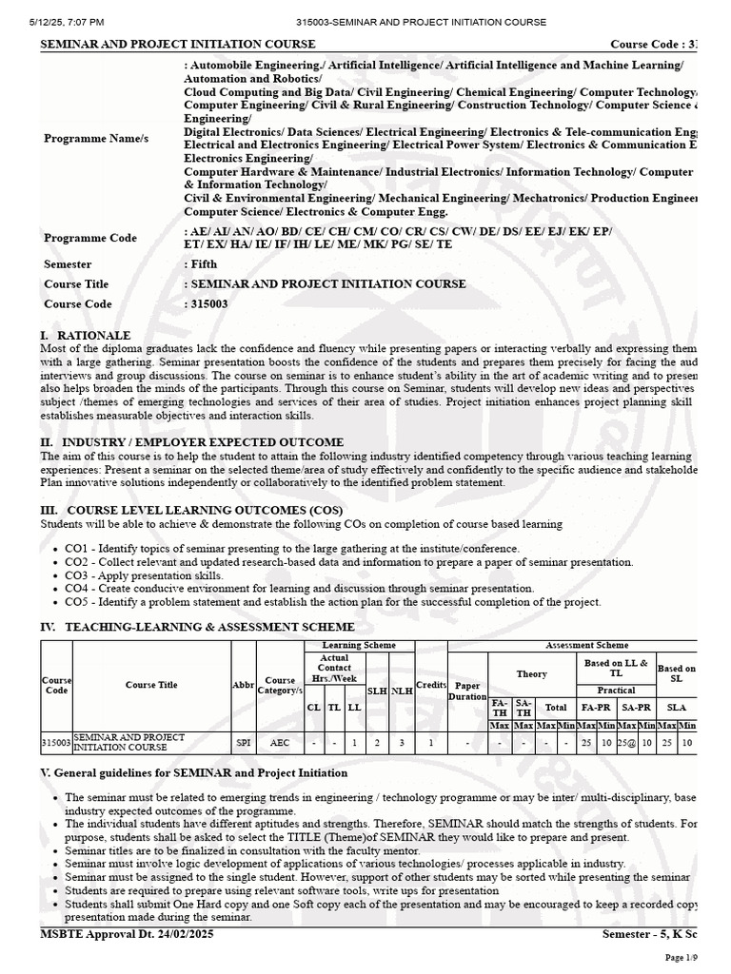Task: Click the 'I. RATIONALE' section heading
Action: click(x=85, y=336)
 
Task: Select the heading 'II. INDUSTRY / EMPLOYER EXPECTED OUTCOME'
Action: click(x=191, y=442)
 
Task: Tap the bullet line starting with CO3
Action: click(x=145, y=575)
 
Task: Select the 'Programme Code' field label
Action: click(x=90, y=238)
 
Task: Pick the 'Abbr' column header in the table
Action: click(x=244, y=685)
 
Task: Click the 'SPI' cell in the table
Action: click(x=244, y=742)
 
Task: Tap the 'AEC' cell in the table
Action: click(x=280, y=742)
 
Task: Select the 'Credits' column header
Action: click(x=431, y=685)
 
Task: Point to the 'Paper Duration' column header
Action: click(x=467, y=691)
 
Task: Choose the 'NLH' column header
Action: click(x=402, y=692)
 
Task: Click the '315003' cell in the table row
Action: click(x=56, y=742)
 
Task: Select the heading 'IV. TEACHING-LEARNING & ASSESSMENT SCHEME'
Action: click(x=197, y=627)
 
